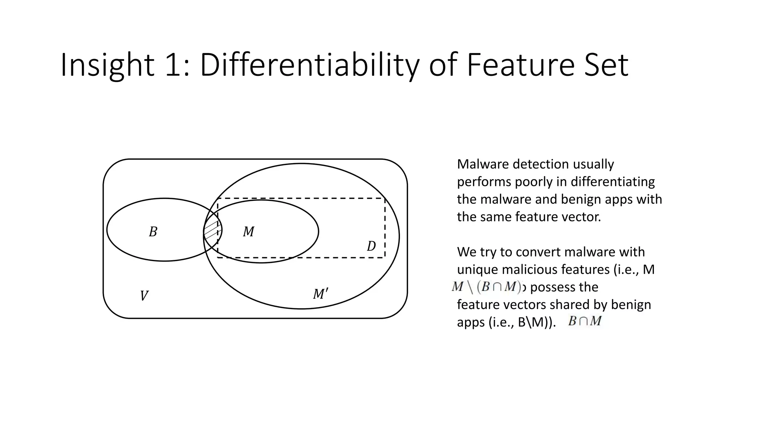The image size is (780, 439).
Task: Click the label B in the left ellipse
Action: point(153,232)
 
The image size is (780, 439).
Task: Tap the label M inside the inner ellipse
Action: point(249,232)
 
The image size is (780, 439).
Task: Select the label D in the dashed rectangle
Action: point(371,246)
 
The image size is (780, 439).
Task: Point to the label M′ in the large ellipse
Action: point(320,294)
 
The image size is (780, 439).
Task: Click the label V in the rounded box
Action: point(144,296)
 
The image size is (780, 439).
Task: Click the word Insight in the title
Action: point(107,66)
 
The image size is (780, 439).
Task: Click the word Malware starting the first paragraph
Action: point(483,164)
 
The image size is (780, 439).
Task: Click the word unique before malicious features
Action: point(478,269)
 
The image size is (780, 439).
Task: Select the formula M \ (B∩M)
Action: point(486,287)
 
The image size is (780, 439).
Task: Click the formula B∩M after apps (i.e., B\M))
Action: point(585,321)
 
